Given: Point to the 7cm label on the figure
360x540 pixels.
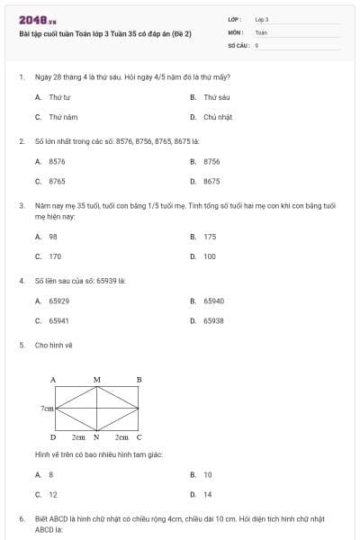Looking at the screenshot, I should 47,408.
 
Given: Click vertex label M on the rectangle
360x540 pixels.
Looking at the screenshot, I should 96,380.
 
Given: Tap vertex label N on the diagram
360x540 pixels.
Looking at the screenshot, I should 96,436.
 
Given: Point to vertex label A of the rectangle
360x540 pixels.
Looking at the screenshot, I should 53,380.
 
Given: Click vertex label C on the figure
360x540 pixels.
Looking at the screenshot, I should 139,436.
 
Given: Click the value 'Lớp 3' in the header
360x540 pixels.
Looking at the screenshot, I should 262,19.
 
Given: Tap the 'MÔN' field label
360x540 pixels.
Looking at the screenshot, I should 236,31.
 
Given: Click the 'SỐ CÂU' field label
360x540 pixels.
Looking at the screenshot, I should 238,44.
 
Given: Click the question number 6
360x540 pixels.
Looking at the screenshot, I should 21,519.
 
